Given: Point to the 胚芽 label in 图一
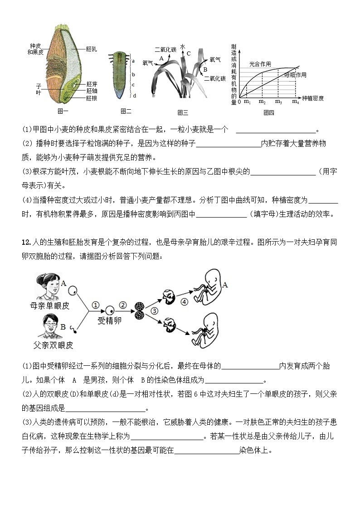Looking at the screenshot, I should [92, 84].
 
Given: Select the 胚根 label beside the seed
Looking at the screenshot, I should [92, 98].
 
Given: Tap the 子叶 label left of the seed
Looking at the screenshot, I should [39, 88].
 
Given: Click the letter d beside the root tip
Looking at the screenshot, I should [134, 95].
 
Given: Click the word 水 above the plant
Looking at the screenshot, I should [183, 47].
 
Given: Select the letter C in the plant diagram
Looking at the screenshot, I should [189, 53].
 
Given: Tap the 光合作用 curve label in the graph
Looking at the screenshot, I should [260, 64].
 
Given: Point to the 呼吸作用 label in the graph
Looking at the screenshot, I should [295, 75].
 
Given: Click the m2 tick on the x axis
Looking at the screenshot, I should [262, 102].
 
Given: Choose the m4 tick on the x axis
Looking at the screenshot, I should [296, 102].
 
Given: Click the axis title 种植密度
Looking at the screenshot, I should [313, 98].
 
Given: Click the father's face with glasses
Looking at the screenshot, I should [48, 327].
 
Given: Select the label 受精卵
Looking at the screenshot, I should [109, 321].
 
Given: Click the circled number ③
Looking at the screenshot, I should [154, 311].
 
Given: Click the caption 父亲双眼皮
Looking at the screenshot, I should [54, 345].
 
